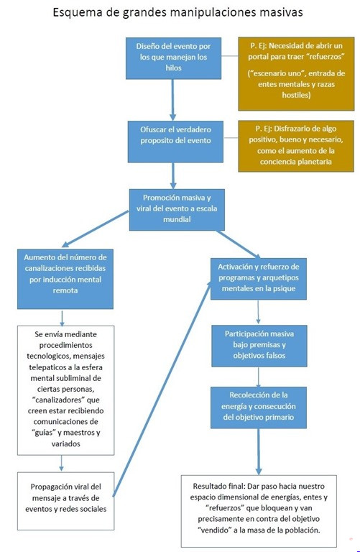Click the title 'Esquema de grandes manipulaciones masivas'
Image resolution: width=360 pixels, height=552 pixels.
[x=177, y=12]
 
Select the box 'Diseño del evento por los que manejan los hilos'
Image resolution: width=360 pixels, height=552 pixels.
[x=173, y=58]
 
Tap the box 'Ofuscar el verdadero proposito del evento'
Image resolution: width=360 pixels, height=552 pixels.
[x=175, y=142]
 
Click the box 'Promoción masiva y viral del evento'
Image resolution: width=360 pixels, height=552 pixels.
[x=177, y=210]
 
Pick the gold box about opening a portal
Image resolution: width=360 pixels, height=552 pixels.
[x=296, y=73]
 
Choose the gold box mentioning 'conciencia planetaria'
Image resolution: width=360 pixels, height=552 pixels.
[x=296, y=146]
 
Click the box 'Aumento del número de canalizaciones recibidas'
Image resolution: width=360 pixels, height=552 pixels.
[x=65, y=279]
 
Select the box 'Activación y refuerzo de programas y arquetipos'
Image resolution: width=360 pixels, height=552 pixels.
[x=259, y=279]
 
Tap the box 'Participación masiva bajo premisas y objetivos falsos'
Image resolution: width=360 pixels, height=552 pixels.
[x=259, y=346]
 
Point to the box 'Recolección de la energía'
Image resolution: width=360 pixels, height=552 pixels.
[x=259, y=408]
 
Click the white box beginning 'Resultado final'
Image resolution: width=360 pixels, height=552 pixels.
[x=259, y=511]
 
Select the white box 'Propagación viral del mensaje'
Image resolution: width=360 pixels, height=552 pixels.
[x=66, y=501]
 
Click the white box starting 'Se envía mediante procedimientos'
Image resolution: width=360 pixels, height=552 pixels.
[x=66, y=390]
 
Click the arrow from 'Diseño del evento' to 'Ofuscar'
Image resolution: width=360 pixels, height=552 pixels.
[x=172, y=100]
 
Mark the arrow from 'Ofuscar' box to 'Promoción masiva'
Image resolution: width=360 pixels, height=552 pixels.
[x=173, y=175]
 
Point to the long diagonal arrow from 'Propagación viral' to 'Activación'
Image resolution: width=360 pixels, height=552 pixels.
[x=162, y=389]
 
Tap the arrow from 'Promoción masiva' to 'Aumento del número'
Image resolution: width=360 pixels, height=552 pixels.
[x=95, y=229]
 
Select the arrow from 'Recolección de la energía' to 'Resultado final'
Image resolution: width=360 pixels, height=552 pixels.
[x=259, y=451]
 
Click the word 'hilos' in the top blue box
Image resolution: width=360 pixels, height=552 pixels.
[x=173, y=68]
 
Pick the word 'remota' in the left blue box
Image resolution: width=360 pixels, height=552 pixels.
[x=65, y=290]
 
